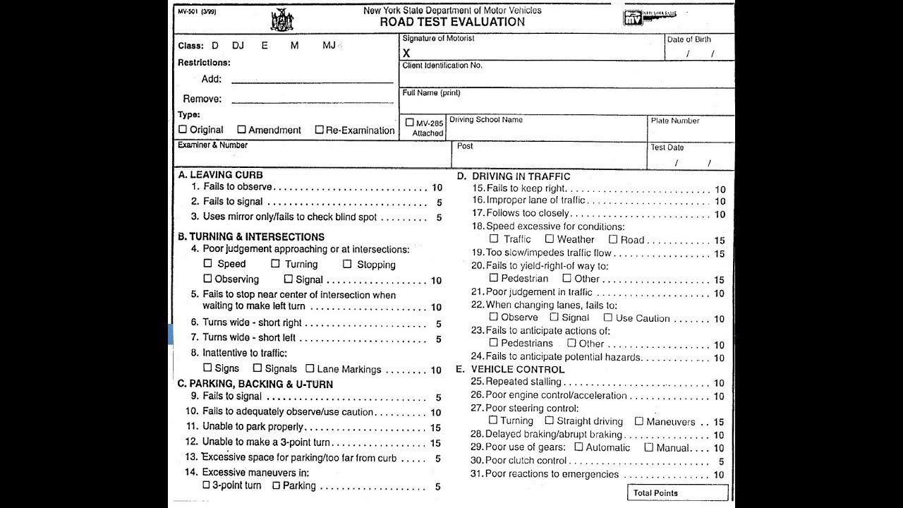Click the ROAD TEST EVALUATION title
pos(452,21)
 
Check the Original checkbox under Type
pos(183,129)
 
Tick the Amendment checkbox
pos(241,129)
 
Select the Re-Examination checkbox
pos(319,129)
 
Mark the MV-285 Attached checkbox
pos(409,122)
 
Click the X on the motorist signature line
pos(406,53)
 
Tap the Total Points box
pos(677,492)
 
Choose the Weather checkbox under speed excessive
pos(549,238)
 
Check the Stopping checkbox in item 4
pos(347,264)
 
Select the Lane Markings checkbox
pos(310,368)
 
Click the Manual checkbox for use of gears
pos(648,447)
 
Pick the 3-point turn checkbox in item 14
pos(206,485)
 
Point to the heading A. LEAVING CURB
pos(221,174)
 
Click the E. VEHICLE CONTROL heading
pos(510,369)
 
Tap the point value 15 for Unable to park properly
pos(435,428)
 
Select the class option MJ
pos(329,45)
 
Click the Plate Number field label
pos(675,121)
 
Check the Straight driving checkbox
pos(550,421)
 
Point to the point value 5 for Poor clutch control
pos(721,461)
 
